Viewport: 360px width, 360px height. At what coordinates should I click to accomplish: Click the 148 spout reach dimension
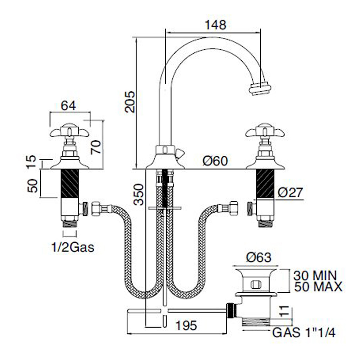tap(215, 25)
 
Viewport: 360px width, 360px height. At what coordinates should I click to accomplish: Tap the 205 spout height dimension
tap(129, 102)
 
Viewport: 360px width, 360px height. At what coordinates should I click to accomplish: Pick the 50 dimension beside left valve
tap(33, 185)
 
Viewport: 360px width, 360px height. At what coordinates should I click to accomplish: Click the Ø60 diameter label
tap(215, 161)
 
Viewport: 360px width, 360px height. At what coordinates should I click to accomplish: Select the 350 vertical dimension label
tap(139, 194)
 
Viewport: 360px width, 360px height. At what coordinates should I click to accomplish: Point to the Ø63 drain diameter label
tap(258, 257)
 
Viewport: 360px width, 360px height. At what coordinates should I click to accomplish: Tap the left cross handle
tap(68, 132)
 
